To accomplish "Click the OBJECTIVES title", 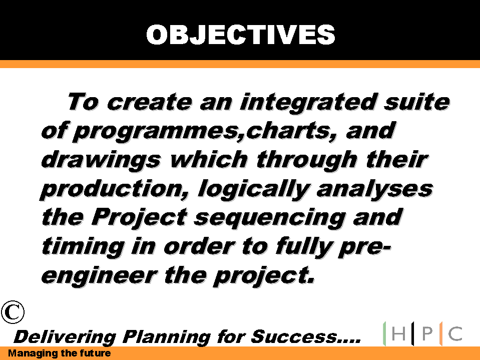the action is (241, 35).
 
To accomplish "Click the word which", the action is (209, 159).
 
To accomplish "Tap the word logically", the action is (254, 190).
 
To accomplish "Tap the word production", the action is (114, 190).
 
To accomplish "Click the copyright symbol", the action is (13, 312).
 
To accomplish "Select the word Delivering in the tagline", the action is (65, 337).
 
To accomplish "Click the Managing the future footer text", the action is (59, 353).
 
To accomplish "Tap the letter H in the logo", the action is (398, 333).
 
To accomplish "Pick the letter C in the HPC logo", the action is (455, 333).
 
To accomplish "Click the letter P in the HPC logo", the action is (427, 333).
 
